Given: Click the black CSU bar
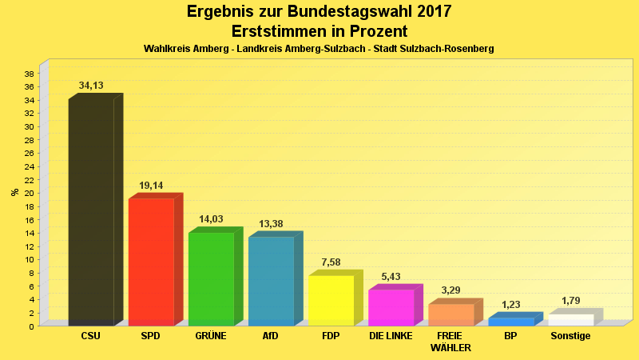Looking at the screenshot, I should (91, 212).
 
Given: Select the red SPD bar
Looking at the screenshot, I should (151, 262).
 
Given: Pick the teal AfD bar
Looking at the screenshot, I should (271, 281).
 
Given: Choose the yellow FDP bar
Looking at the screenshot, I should (331, 300).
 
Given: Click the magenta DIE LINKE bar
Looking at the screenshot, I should (391, 307).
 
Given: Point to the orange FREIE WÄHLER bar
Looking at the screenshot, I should (450, 314).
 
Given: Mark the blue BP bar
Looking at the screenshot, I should (510, 322).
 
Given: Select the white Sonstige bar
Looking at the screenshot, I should (570, 320).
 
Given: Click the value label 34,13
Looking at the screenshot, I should (91, 86).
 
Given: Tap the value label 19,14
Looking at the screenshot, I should (151, 186).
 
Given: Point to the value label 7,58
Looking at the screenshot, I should (331, 262).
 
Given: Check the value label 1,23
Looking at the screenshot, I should (510, 305).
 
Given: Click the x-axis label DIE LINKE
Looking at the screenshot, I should (391, 336).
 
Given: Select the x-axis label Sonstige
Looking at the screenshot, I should (570, 336).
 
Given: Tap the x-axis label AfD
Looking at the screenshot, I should (271, 336).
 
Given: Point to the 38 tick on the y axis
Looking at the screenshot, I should (29, 74).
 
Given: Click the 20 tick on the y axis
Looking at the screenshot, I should (29, 193).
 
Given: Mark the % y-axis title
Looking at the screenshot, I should (14, 192).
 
